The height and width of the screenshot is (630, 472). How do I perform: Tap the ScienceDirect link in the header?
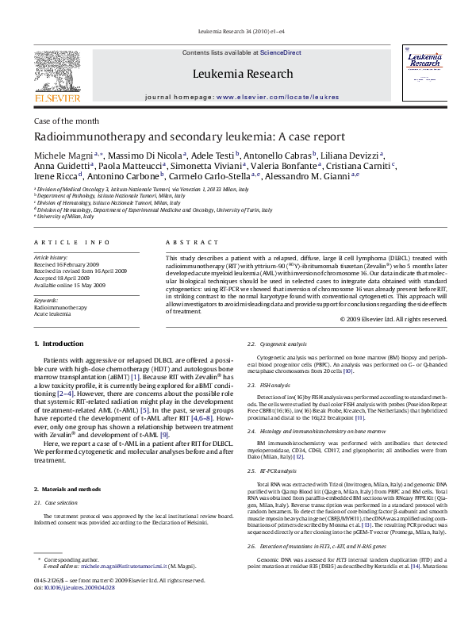click(280, 52)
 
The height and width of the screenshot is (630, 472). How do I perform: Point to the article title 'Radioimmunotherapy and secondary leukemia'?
click(189, 136)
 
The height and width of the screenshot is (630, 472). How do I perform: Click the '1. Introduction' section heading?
click(60, 344)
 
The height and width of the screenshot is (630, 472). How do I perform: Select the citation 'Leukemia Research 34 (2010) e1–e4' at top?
click(236, 32)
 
